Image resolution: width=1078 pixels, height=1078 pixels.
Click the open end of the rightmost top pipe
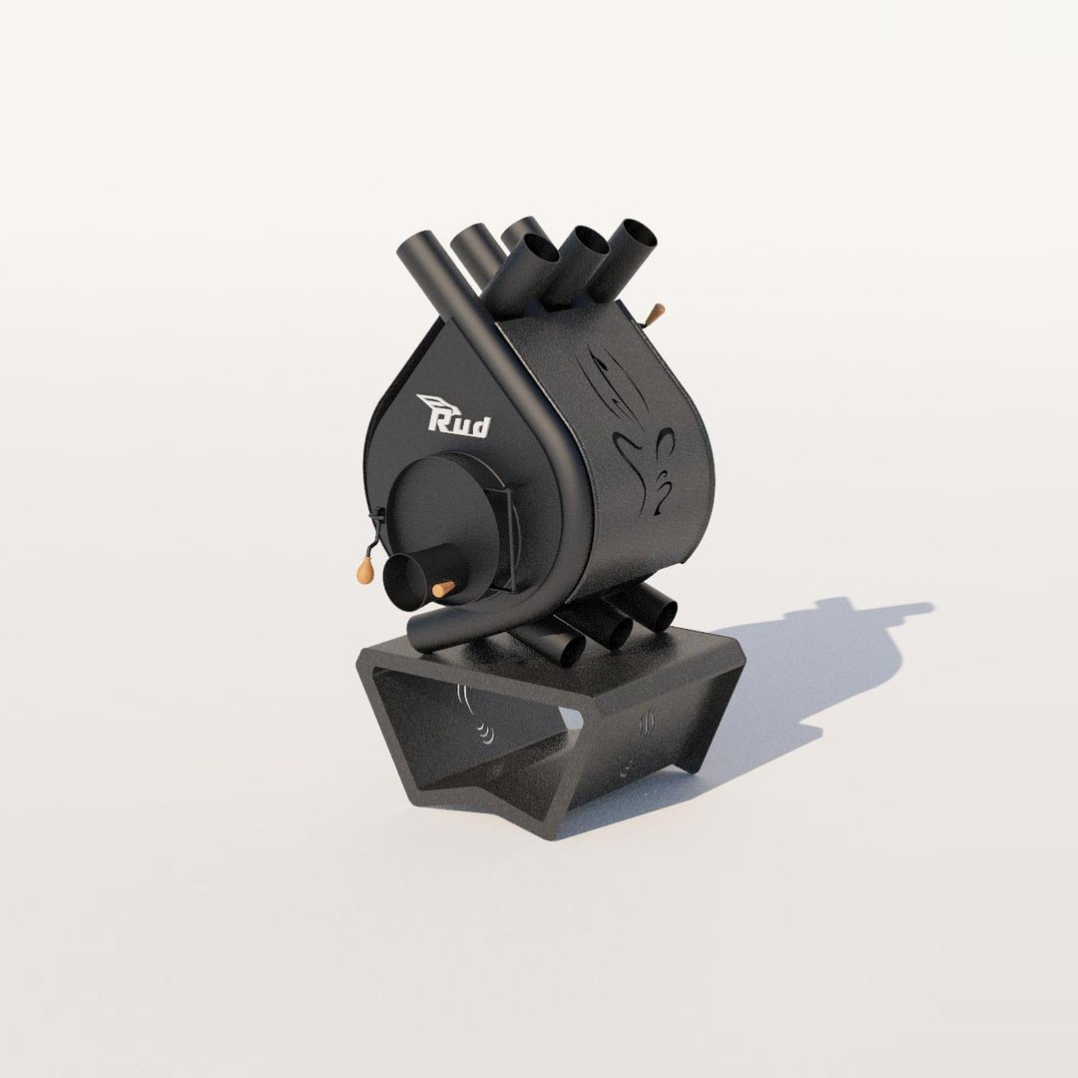[x=637, y=236]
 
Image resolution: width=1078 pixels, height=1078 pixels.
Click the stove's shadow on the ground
[x=818, y=659]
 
